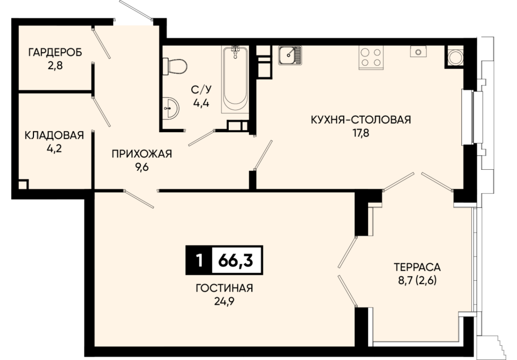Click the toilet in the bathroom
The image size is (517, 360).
coord(175,67)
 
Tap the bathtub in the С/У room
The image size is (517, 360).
coord(235,79)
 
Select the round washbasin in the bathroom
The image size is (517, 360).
coord(171,107)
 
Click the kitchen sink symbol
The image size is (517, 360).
coord(290,55)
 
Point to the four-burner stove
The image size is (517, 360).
coord(371,58)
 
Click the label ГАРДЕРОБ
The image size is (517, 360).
coord(55,52)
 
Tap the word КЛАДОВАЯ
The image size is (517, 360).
coord(54,135)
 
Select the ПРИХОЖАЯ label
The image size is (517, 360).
coord(142,154)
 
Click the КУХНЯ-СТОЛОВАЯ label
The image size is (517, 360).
coord(361,119)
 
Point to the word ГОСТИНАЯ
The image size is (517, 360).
coord(224,288)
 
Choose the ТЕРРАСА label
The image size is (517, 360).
coord(417,266)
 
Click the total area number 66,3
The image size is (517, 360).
coord(236,260)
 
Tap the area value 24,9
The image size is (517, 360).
coord(224,302)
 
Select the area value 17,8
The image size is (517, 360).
coord(361,133)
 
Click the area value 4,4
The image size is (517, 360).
coord(201,103)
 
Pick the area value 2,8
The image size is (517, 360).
coord(55,66)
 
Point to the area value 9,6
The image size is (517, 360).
coord(142,168)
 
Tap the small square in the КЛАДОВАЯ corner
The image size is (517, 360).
coord(23,184)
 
